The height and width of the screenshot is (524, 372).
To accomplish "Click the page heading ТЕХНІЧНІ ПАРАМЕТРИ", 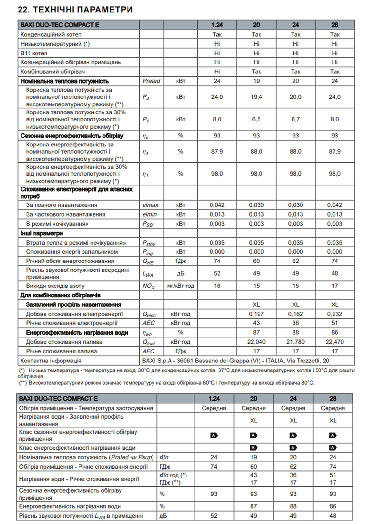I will pos(75,10).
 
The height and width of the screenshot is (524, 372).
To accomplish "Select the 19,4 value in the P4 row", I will pos(256,97).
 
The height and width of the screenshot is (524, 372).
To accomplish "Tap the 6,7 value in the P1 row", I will pos(295,119).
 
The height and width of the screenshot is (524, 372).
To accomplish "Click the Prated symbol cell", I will pos(151,81).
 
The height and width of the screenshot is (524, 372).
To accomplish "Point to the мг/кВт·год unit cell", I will pos(181,286).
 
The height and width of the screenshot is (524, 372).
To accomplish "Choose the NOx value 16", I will pos(217,286).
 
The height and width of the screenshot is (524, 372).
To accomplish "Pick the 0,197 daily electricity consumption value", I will pos(256,314).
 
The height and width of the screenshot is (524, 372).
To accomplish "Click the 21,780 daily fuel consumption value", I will pos(295,342).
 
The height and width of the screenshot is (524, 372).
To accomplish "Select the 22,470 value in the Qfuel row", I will pos(335,342).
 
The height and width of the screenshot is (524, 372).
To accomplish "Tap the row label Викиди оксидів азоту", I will pos(55,286).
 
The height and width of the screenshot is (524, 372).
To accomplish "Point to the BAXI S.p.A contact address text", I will pos(236,361).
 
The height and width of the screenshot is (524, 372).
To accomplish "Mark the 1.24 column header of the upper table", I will pos(217,25).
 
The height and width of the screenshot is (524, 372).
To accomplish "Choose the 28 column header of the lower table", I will pos(333,398).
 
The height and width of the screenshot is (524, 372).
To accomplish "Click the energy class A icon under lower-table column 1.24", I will pos(214,435).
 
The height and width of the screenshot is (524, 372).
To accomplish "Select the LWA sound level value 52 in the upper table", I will pos(217,273).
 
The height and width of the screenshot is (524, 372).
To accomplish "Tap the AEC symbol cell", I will pos(148,323).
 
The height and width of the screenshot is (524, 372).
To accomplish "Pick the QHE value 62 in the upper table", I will pos(295,261).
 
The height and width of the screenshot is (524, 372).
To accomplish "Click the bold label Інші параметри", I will pos(42,233).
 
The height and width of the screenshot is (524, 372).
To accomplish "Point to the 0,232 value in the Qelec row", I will pos(335,314).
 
